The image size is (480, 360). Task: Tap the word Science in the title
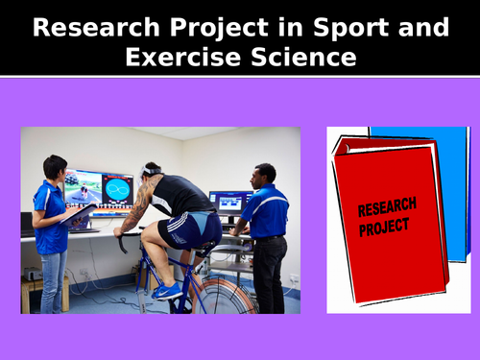coord(298,58)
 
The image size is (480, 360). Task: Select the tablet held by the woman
coord(79,215)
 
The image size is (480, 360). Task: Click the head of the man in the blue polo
coord(265,174)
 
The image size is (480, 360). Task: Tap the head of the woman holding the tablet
coord(55,167)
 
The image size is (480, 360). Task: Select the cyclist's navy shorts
coord(193,228)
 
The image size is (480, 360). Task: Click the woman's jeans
coord(53,279)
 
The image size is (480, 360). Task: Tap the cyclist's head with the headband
coord(152,172)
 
